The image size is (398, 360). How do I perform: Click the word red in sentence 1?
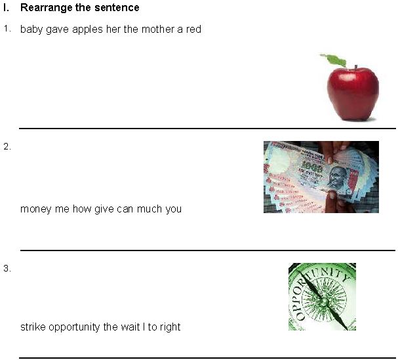(193, 30)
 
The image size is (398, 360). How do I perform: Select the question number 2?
(7, 147)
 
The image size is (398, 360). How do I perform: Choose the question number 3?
(7, 268)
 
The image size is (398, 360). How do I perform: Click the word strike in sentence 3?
(32, 327)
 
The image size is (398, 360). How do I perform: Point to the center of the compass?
(322, 298)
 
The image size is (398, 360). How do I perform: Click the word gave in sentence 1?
(57, 30)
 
